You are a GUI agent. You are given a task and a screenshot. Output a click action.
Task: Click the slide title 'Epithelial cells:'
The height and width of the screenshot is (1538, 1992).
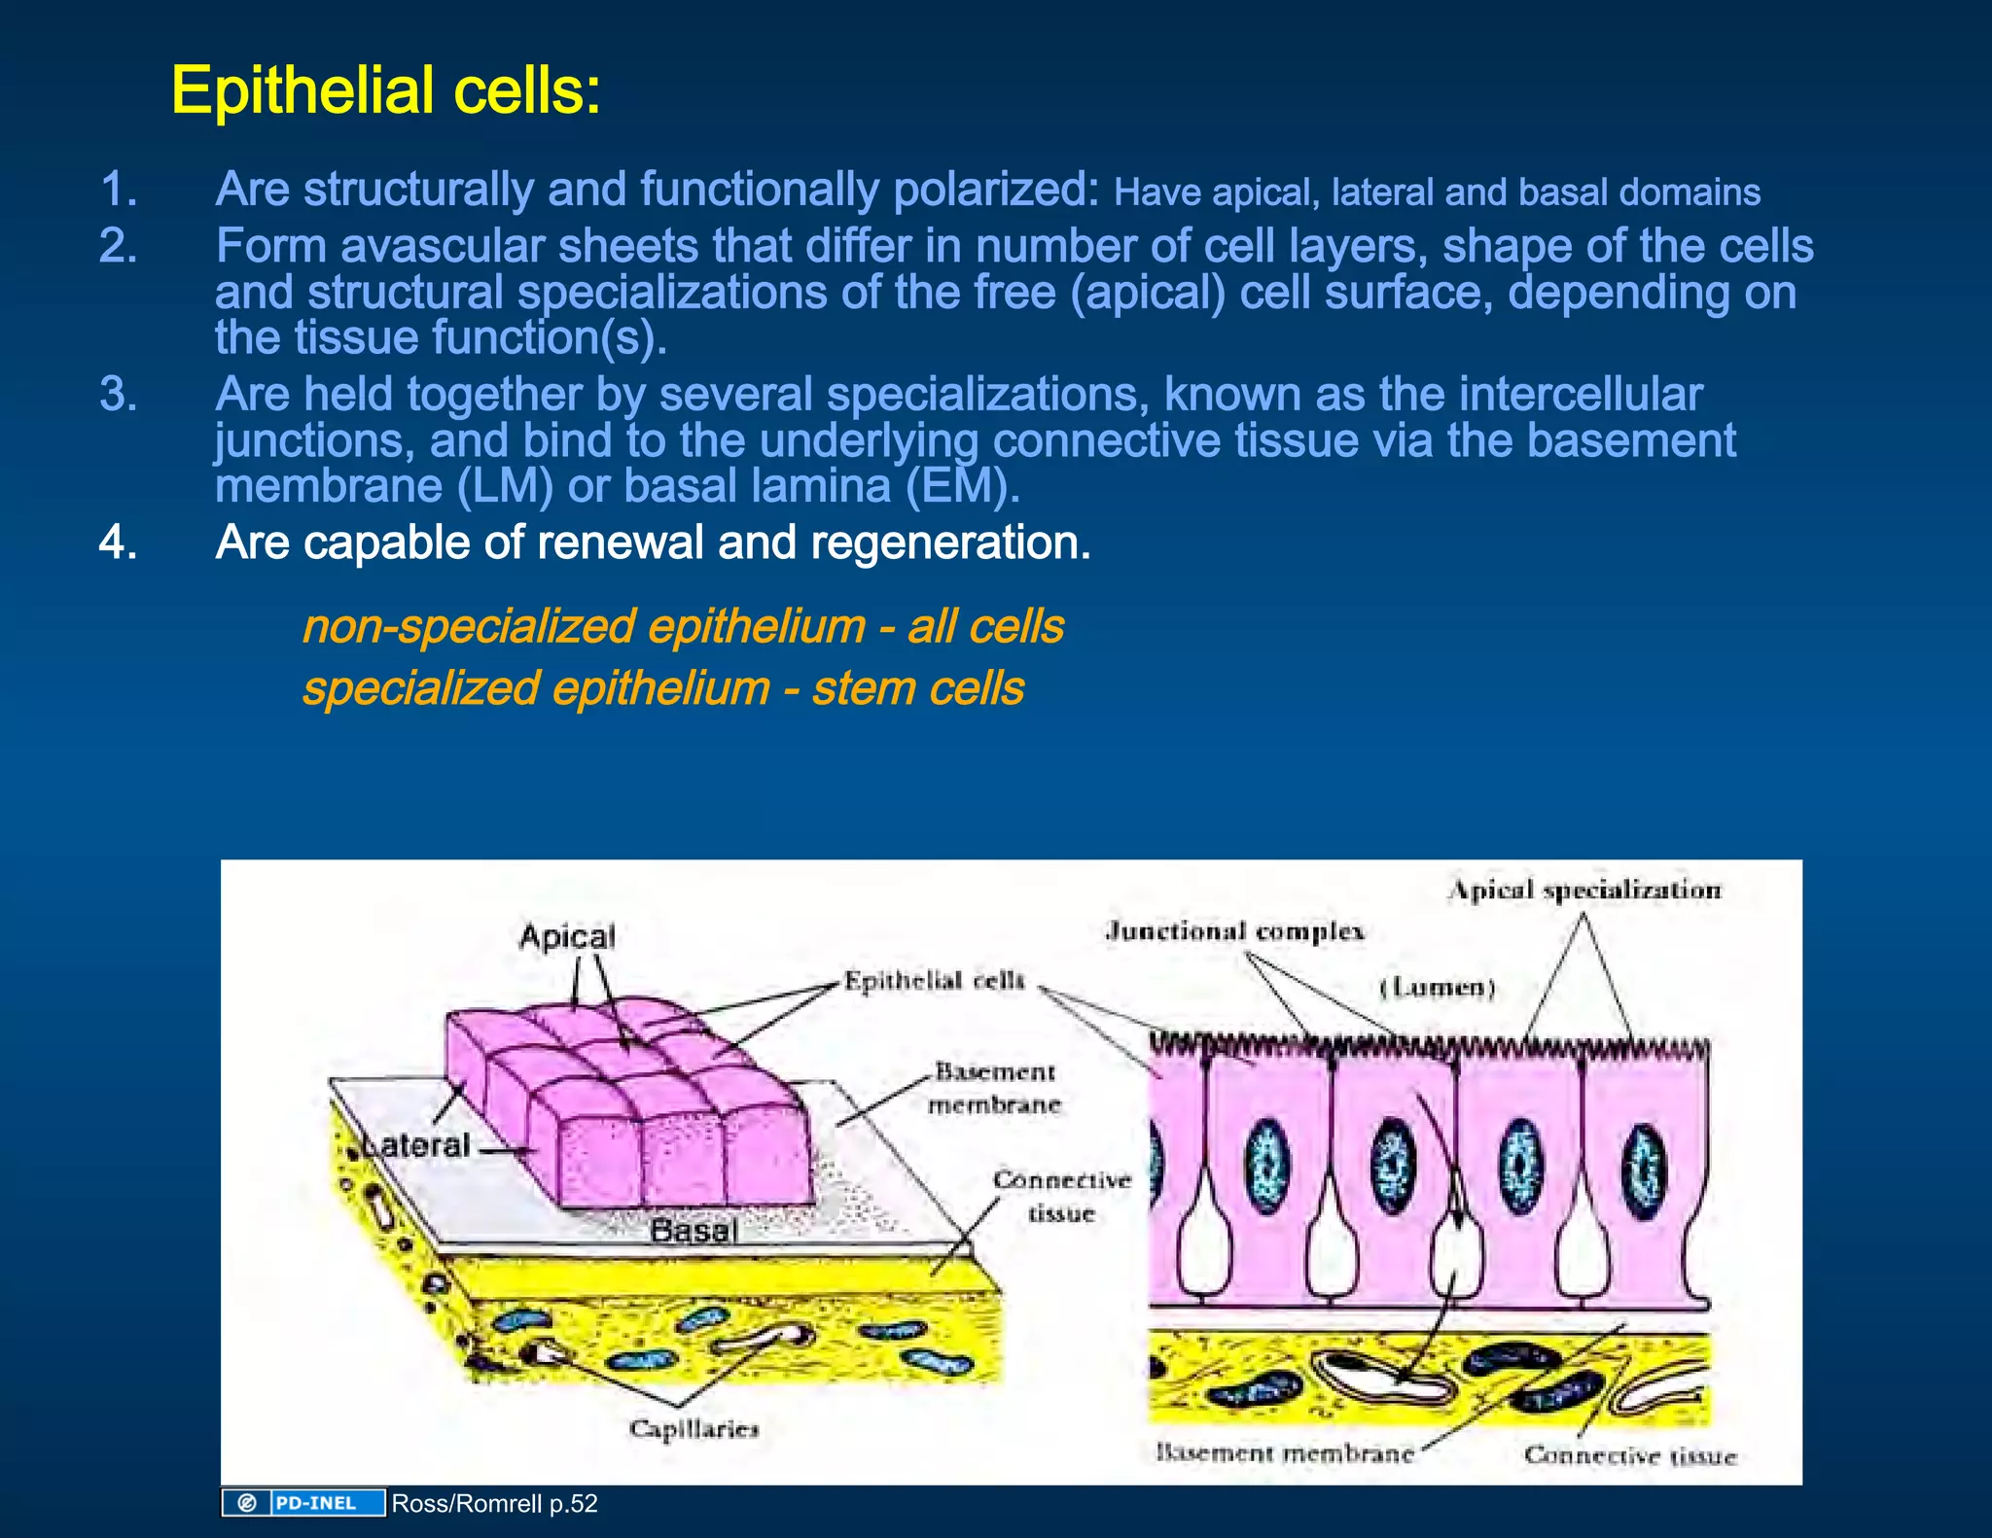tap(386, 90)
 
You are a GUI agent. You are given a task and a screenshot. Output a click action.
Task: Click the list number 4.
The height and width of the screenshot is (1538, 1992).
tap(118, 542)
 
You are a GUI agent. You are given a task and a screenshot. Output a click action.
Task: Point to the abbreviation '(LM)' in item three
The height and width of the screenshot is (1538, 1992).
tap(505, 486)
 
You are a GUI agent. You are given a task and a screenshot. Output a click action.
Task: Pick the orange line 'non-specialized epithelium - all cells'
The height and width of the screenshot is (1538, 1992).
tap(683, 626)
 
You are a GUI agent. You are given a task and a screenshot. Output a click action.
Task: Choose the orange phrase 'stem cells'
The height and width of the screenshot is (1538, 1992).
tap(918, 688)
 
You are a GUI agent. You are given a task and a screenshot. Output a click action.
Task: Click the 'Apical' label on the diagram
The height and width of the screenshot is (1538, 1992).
tap(567, 937)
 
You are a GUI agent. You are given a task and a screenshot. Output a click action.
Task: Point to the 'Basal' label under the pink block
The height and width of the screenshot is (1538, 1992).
tap(694, 1230)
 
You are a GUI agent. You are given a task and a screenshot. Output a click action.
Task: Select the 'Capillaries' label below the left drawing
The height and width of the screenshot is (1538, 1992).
tap(694, 1428)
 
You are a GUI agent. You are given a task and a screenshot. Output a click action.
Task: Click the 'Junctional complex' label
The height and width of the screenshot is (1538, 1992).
tap(1234, 931)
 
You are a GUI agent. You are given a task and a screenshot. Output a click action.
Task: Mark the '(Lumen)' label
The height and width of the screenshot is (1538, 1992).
tap(1438, 988)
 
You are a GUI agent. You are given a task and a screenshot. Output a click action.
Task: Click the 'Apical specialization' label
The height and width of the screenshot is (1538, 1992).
tap(1584, 890)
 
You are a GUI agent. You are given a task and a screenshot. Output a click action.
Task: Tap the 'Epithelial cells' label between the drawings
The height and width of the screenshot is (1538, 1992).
tap(934, 980)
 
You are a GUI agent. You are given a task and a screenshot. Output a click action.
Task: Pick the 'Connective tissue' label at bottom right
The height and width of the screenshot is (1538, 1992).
tap(1630, 1455)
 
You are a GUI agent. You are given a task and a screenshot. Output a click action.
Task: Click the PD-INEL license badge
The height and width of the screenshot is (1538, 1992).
tap(303, 1503)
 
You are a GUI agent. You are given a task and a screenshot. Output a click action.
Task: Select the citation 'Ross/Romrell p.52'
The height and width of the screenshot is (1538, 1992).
tap(494, 1504)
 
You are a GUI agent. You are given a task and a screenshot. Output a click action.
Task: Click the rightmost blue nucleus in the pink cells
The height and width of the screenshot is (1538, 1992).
tap(1644, 1171)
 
